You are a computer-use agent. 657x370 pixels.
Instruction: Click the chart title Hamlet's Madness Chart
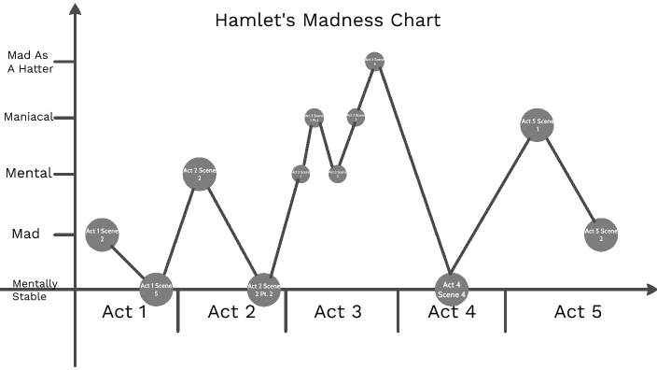(328, 20)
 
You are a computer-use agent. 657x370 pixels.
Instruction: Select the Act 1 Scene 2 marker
(101, 234)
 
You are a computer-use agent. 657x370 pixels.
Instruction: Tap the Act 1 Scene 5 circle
(157, 288)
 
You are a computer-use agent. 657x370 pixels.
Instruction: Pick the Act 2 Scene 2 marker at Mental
(198, 174)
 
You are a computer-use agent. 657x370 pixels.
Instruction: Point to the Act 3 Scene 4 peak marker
(374, 61)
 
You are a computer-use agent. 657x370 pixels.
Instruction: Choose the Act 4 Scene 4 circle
(452, 288)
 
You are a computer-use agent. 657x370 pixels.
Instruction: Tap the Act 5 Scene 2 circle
(601, 235)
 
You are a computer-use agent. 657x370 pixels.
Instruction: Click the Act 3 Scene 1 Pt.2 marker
(315, 118)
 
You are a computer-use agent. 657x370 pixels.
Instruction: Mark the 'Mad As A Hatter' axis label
(29, 61)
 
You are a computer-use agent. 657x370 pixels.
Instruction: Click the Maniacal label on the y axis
(28, 118)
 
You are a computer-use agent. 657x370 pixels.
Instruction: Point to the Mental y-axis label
(29, 174)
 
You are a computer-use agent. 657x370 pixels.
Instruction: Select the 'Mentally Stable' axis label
(35, 290)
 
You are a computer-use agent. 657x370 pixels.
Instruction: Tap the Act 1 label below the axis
(123, 312)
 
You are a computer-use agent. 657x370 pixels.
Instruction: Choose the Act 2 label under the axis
(231, 312)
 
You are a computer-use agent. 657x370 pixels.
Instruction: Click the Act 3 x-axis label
(338, 312)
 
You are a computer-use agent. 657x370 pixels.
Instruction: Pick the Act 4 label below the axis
(452, 312)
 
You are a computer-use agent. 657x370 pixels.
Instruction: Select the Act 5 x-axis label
(577, 312)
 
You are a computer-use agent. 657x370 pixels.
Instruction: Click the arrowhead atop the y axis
(76, 8)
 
